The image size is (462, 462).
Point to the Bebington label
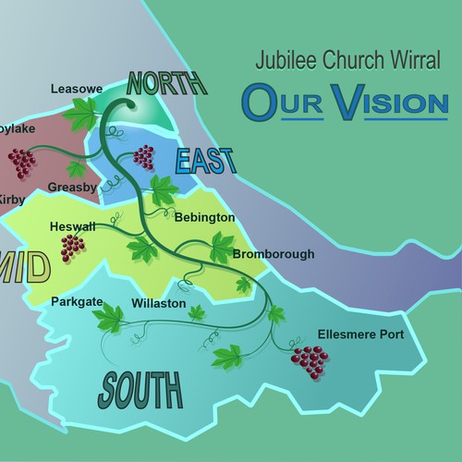click(204, 217)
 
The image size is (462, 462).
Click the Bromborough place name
click(274, 254)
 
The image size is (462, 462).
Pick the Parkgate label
click(77, 301)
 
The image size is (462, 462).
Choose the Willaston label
click(158, 303)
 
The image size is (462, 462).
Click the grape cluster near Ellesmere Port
click(309, 359)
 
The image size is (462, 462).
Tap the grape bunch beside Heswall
click(71, 246)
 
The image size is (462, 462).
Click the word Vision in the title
click(379, 102)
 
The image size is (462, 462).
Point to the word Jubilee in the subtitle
click(279, 66)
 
